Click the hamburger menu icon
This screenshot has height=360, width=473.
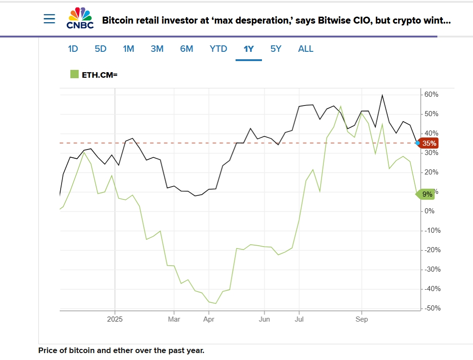pyautogui.click(x=49, y=19)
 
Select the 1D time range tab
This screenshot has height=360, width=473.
pyautogui.click(x=73, y=49)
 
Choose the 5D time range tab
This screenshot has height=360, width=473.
pyautogui.click(x=100, y=49)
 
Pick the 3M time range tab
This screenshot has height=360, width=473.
pyautogui.click(x=157, y=49)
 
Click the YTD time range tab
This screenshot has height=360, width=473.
pyautogui.click(x=218, y=49)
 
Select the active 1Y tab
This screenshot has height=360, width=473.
pyautogui.click(x=249, y=49)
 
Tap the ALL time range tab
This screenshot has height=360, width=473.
pyautogui.click(x=305, y=49)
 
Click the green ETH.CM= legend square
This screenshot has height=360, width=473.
pyautogui.click(x=75, y=74)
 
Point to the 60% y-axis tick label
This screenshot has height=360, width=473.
pyautogui.click(x=431, y=94)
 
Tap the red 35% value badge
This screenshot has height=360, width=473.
pyautogui.click(x=429, y=143)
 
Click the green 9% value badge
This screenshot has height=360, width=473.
pyautogui.click(x=427, y=194)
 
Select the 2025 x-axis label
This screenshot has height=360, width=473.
pyautogui.click(x=114, y=319)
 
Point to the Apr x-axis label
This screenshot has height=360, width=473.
pyautogui.click(x=209, y=319)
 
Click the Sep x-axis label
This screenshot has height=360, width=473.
pyautogui.click(x=361, y=319)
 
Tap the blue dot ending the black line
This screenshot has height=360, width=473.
pyautogui.click(x=417, y=143)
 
